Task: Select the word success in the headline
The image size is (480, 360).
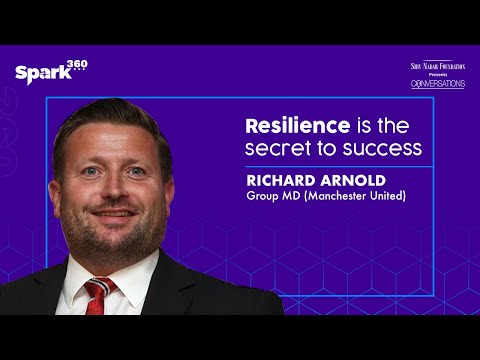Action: pos(384,150)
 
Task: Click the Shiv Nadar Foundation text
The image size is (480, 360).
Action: pos(437,66)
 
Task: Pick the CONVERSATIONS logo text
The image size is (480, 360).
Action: pos(437,84)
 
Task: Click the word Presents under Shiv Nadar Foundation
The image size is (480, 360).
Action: pos(437,75)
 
